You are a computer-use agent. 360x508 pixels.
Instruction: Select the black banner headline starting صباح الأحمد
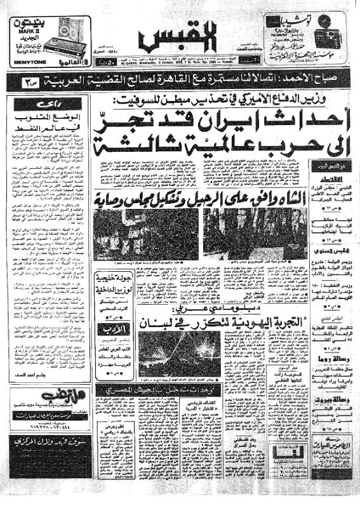[x=180, y=81]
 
